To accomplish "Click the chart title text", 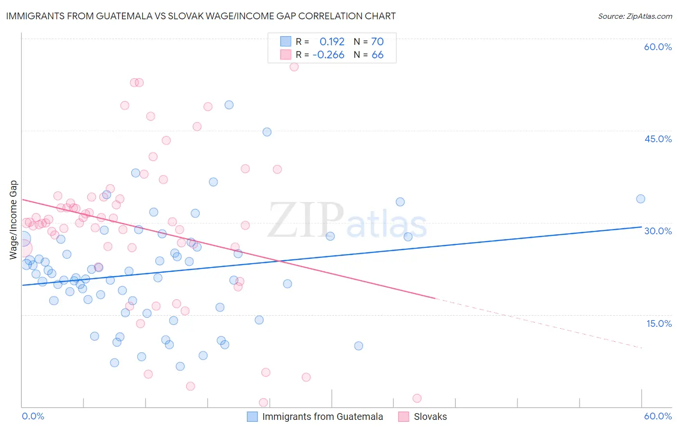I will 201,16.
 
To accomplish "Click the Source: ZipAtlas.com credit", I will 635,16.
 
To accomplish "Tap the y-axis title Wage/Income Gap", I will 13,220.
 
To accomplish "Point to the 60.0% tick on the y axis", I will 658,47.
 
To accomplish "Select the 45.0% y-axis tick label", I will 658,139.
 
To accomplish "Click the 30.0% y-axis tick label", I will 658,231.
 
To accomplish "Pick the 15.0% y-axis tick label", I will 659,323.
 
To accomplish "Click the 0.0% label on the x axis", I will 33,416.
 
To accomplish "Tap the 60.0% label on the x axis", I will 658,416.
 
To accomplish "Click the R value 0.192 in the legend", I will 332,42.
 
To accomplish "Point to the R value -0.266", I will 328,55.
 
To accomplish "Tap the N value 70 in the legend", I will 377,42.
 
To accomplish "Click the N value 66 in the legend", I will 377,55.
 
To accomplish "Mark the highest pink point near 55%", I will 294,67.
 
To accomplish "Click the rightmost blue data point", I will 640,199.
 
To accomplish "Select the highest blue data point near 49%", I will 229,105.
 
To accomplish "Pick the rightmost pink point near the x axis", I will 417,398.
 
